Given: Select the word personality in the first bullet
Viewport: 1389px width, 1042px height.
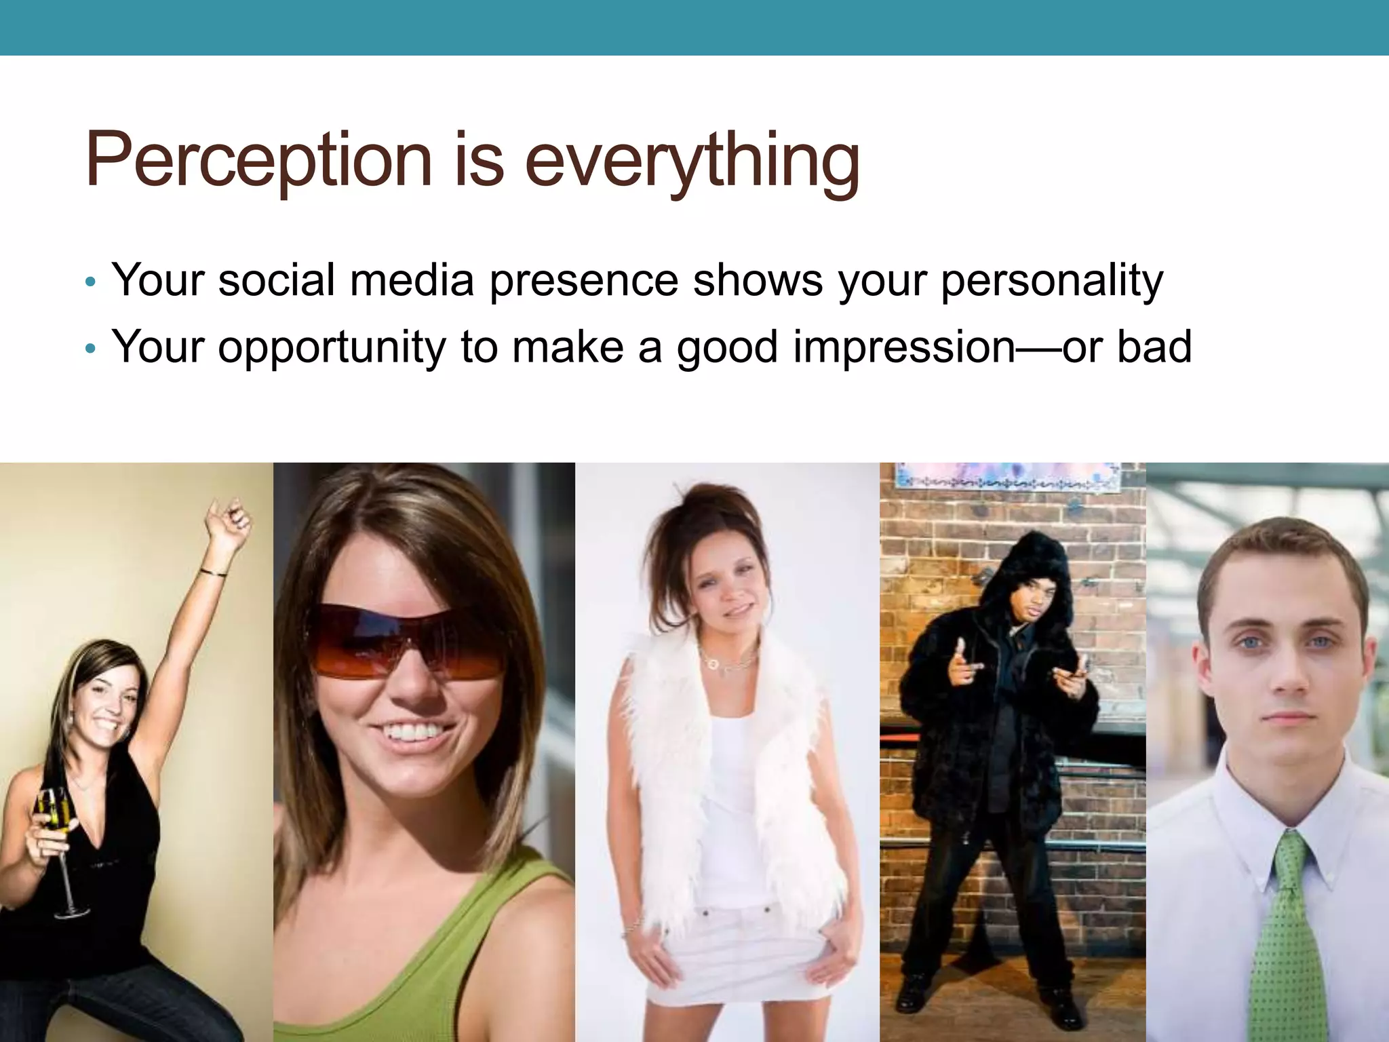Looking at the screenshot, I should point(1051,280).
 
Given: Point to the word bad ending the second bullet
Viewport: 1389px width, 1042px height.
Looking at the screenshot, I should point(1154,346).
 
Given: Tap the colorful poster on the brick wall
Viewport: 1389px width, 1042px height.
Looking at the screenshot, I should point(1008,476).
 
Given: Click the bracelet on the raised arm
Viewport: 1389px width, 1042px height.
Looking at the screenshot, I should point(214,573).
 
